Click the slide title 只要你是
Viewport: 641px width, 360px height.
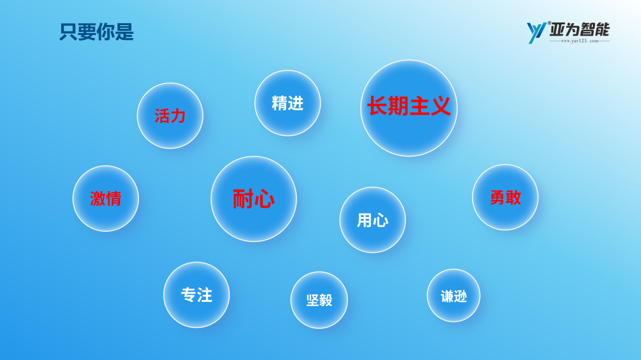[x=97, y=32]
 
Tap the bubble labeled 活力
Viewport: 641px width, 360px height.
[x=170, y=116]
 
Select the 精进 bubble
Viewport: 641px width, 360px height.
[x=287, y=103]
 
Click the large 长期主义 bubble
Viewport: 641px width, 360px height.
[x=409, y=109]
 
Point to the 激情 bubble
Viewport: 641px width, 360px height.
[x=106, y=199]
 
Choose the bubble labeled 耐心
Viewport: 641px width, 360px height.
[x=253, y=199]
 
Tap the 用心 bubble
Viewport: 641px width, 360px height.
[x=372, y=220]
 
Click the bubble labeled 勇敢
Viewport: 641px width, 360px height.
[x=505, y=197]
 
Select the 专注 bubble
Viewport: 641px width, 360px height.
[x=196, y=295]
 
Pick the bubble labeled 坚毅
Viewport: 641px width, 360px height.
[x=319, y=300]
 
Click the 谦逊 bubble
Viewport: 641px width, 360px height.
[x=453, y=295]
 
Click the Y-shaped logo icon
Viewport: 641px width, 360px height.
[x=536, y=33]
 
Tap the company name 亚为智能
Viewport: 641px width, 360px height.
[x=579, y=30]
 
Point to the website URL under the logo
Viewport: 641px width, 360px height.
[x=580, y=41]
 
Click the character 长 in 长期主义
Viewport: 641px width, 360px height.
[x=377, y=106]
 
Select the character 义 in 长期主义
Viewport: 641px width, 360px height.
[x=440, y=106]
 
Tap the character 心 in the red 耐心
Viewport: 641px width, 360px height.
[x=264, y=199]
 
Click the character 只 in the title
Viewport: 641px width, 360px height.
[x=69, y=32]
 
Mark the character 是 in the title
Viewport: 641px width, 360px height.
[x=125, y=32]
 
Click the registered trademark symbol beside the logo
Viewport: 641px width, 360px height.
[x=550, y=23]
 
